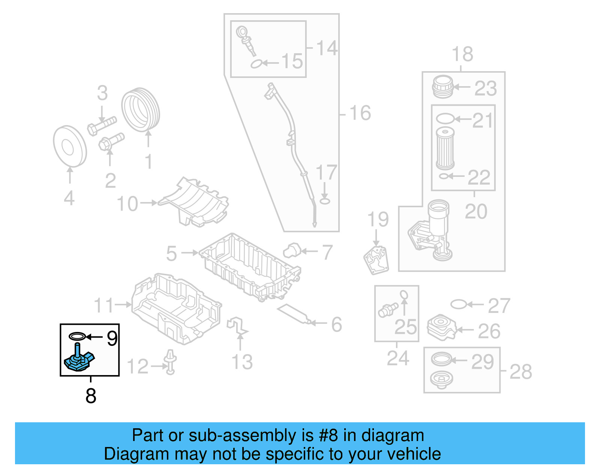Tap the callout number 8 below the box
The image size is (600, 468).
pyautogui.click(x=91, y=396)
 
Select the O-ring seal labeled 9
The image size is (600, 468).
pyautogui.click(x=77, y=336)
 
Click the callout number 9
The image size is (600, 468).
pyautogui.click(x=112, y=338)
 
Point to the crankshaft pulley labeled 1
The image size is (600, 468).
pyautogui.click(x=141, y=110)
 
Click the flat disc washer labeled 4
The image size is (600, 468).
pyautogui.click(x=70, y=146)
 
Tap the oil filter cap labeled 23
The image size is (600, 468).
pyautogui.click(x=443, y=87)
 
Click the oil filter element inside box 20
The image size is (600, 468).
pyautogui.click(x=445, y=149)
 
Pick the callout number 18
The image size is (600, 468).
pyautogui.click(x=462, y=55)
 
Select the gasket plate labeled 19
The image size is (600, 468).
pyautogui.click(x=376, y=260)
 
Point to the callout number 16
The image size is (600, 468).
pyautogui.click(x=360, y=113)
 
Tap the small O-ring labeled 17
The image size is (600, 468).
pyautogui.click(x=325, y=201)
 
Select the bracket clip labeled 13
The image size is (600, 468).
pyautogui.click(x=237, y=326)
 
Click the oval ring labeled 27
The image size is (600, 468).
pyautogui.click(x=458, y=304)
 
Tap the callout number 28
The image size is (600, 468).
pyautogui.click(x=520, y=372)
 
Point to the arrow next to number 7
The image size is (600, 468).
pyautogui.click(x=310, y=251)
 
